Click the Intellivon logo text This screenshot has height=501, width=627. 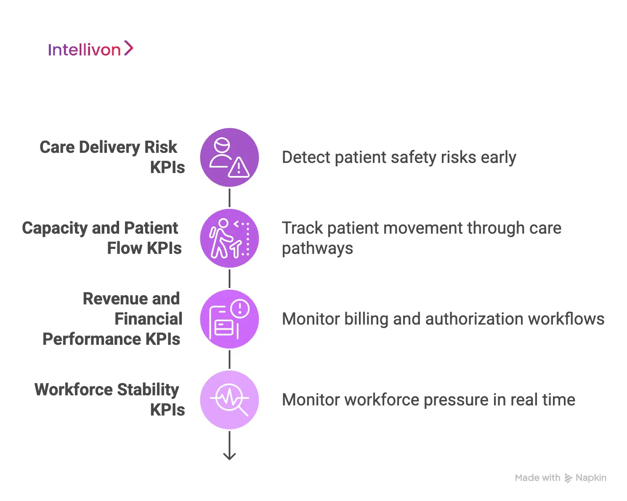pyautogui.click(x=84, y=50)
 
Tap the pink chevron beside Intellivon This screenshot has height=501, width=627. pyautogui.click(x=129, y=48)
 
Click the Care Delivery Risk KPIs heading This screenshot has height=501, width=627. pyautogui.click(x=112, y=157)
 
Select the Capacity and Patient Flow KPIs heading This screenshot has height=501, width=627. pyautogui.click(x=102, y=238)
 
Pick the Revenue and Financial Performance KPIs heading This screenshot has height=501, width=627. pyautogui.click(x=112, y=319)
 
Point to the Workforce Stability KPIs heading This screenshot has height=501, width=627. pyautogui.click(x=109, y=400)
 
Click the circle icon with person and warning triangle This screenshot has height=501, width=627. pyautogui.click(x=229, y=157)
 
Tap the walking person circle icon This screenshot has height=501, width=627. pyautogui.click(x=229, y=238)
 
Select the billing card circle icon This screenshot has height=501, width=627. pyautogui.click(x=229, y=319)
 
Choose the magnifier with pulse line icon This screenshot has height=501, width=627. pyautogui.click(x=229, y=400)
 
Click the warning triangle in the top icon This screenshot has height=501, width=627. pyautogui.click(x=239, y=168)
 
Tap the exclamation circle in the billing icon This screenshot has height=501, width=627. pyautogui.click(x=240, y=308)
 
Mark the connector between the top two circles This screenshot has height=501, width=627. pyautogui.click(x=229, y=198)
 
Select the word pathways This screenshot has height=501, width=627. pyautogui.click(x=317, y=248)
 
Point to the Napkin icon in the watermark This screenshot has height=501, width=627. pyautogui.click(x=568, y=478)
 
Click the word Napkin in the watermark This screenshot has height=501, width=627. pyautogui.click(x=591, y=478)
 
